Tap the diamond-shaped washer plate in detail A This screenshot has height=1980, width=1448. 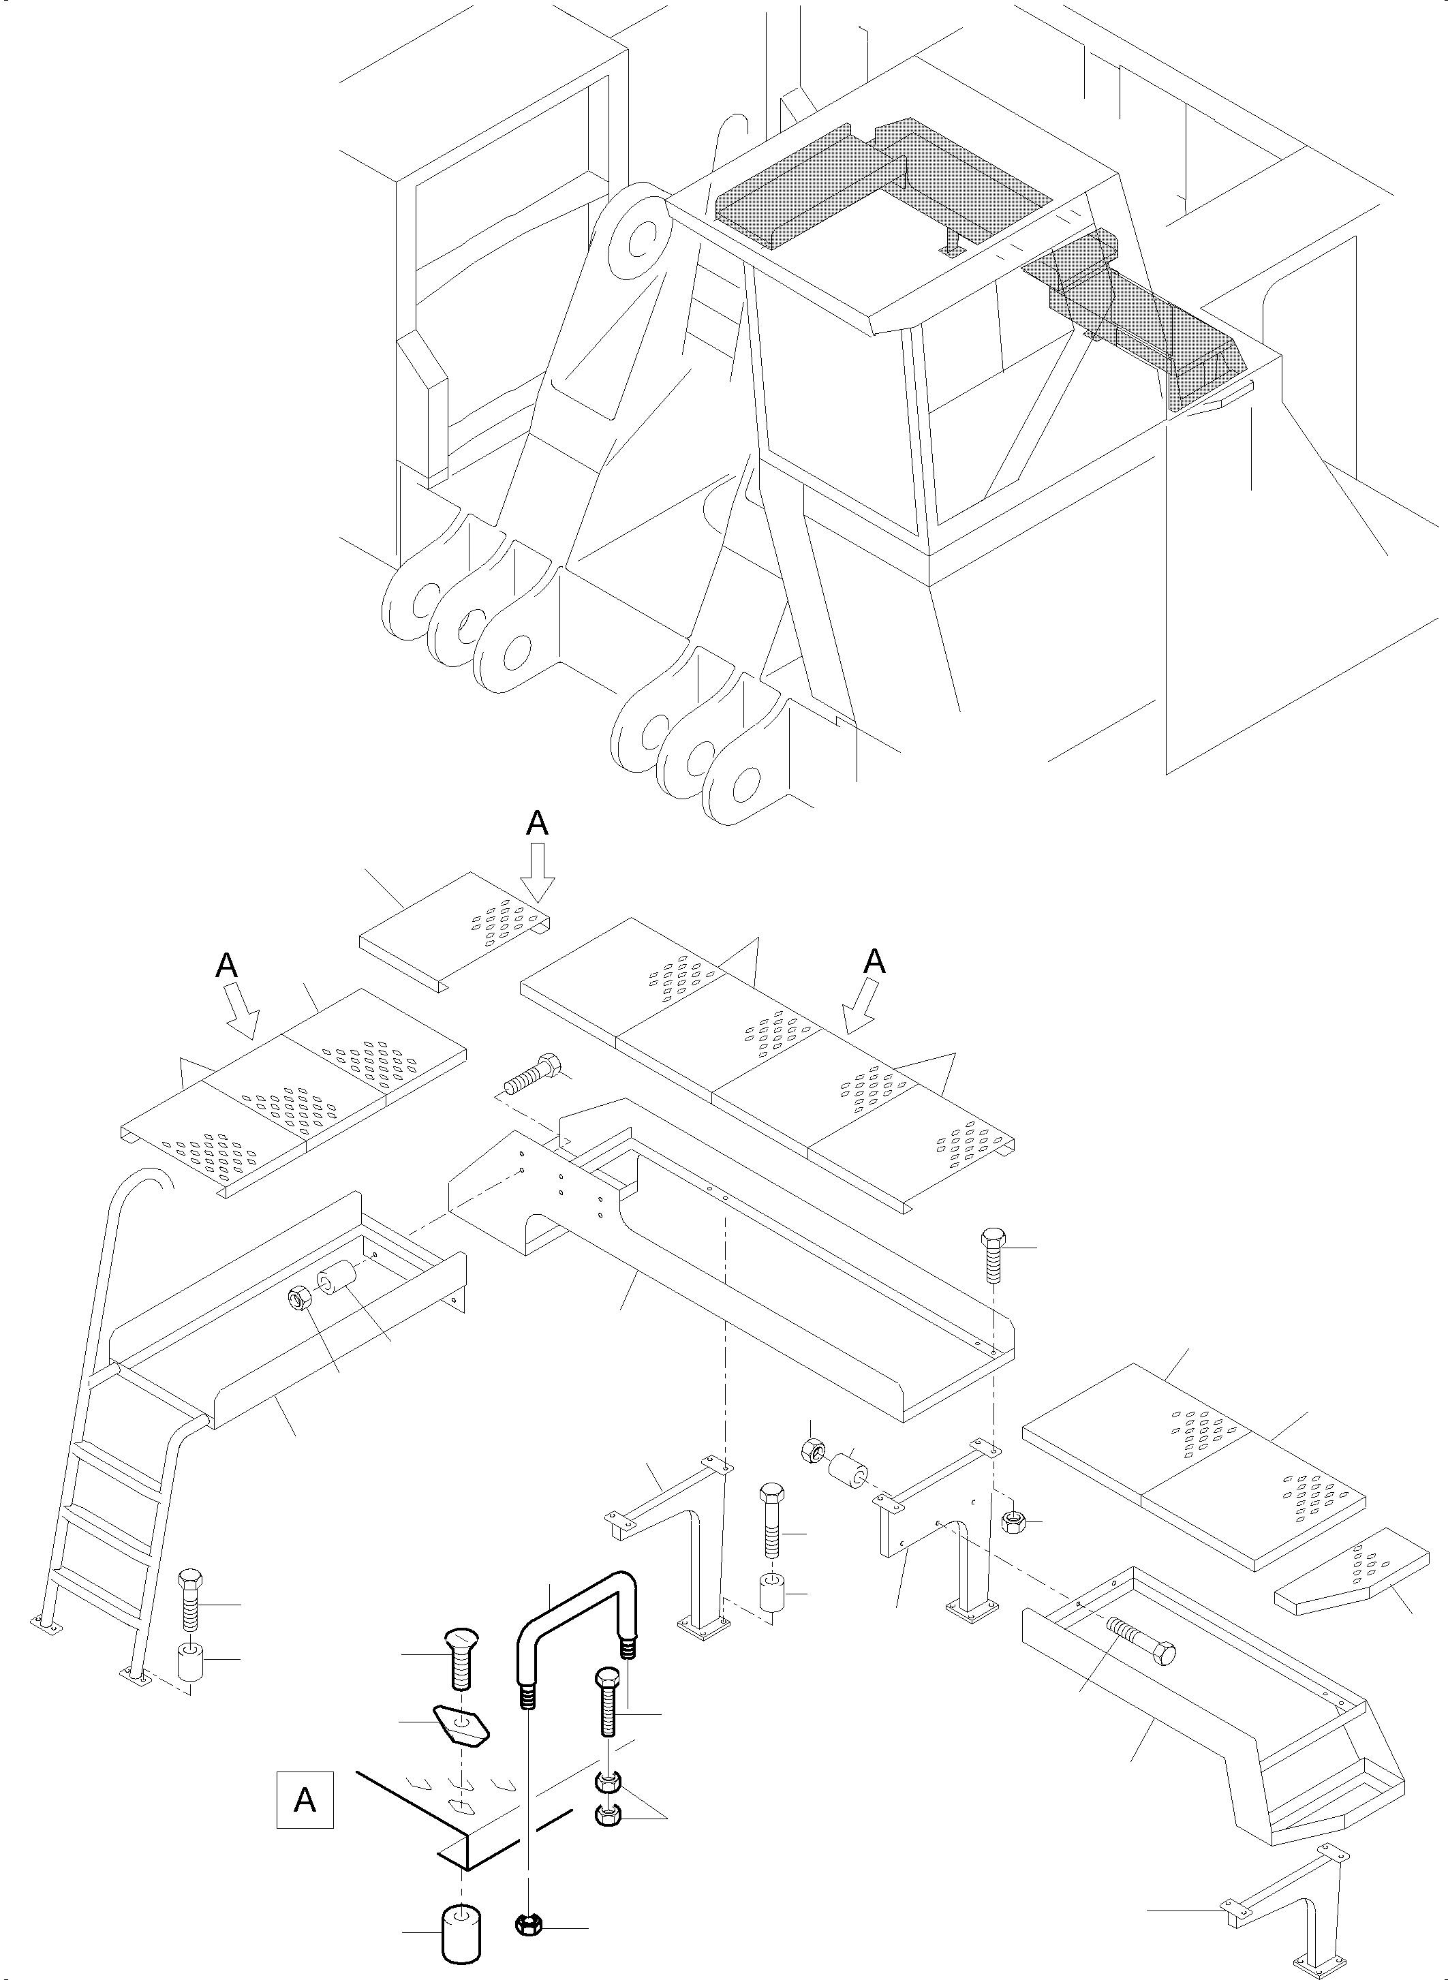pos(462,1726)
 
